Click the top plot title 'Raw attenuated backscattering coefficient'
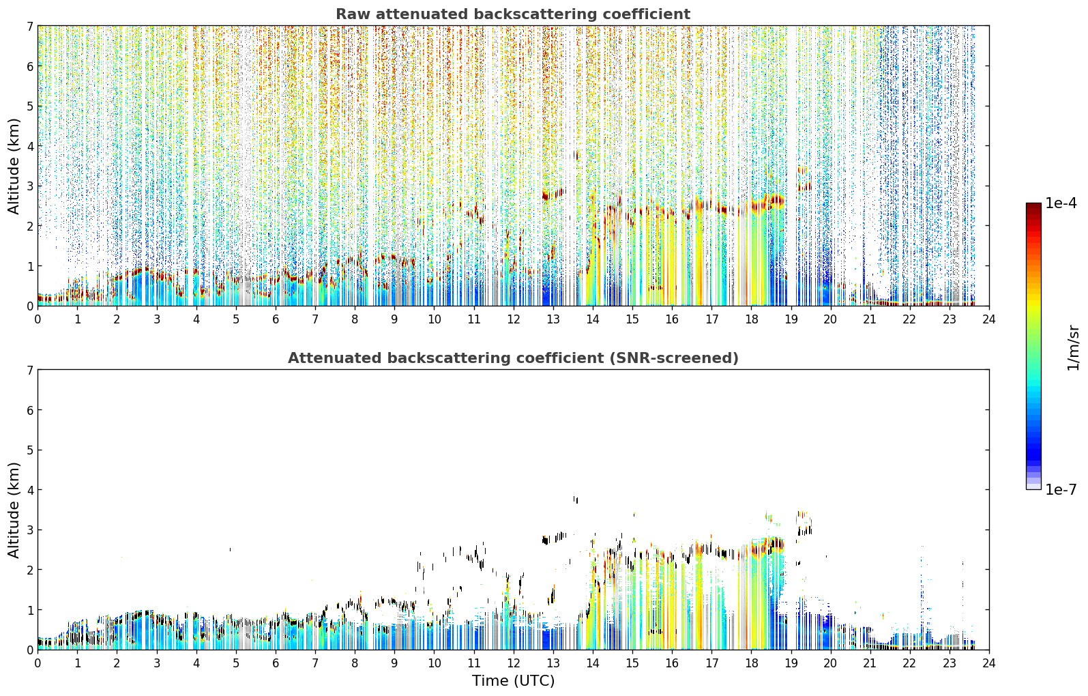click(513, 14)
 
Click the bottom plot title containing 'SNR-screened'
click(513, 358)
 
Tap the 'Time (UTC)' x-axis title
click(513, 680)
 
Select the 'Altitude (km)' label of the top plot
click(14, 166)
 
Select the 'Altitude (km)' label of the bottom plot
click(14, 510)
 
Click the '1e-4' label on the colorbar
click(1061, 203)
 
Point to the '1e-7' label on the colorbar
click(1061, 489)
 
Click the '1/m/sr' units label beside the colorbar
click(1073, 348)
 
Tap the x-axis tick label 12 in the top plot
click(514, 319)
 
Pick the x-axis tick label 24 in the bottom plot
click(989, 663)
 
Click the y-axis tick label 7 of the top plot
click(30, 26)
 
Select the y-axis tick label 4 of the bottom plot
click(30, 490)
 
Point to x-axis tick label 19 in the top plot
click(791, 319)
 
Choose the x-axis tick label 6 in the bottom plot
click(276, 663)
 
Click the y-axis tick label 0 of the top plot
click(30, 306)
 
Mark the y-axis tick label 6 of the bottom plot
click(30, 409)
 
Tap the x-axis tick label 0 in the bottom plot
click(38, 663)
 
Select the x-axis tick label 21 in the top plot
click(870, 319)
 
